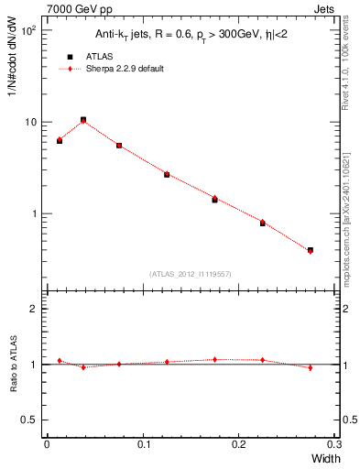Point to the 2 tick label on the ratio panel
(x=34, y=309)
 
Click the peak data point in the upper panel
(x=83, y=120)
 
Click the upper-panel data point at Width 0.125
(x=167, y=174)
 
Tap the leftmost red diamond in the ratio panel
(x=60, y=361)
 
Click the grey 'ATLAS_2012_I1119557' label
(x=190, y=274)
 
